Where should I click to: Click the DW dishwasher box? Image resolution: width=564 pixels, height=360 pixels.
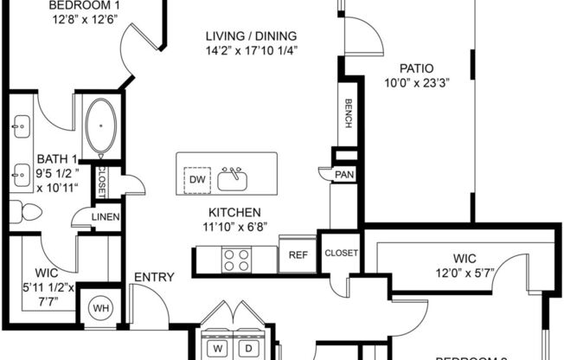coord(197,179)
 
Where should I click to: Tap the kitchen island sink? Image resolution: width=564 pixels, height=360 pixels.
coord(233,178)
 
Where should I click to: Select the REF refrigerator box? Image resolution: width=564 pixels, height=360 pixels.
coord(298,255)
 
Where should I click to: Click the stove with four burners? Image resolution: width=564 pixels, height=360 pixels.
coord(237,258)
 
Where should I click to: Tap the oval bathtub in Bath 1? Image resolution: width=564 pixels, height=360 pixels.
coord(102,125)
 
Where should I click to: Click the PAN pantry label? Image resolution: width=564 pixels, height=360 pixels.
coord(343,175)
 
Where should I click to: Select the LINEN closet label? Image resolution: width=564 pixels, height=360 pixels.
coord(106,217)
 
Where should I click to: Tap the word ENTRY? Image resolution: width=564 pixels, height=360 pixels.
coord(153,278)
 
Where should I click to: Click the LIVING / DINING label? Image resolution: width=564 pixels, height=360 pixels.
coord(251,35)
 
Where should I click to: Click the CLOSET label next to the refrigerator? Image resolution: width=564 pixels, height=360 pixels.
coord(340,254)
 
